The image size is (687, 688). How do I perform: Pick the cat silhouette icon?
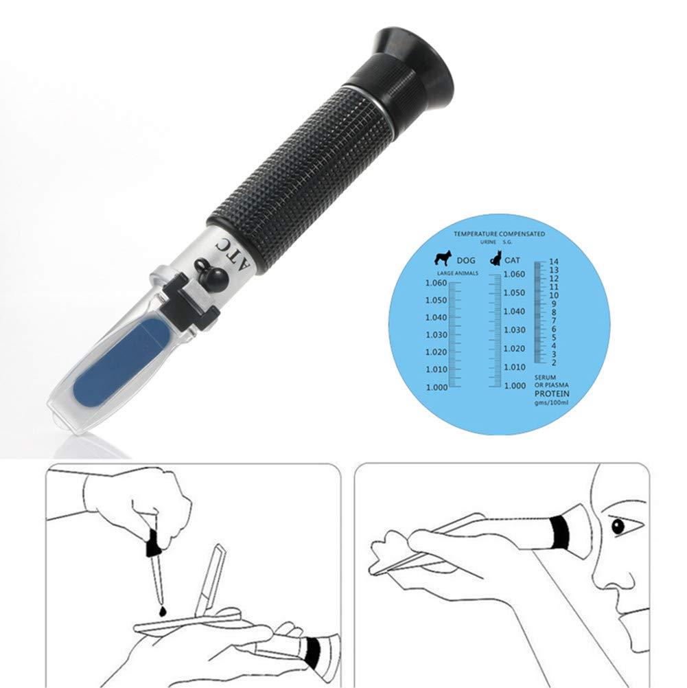pyautogui.click(x=494, y=259)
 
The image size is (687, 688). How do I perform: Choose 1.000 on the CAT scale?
pyautogui.click(x=514, y=386)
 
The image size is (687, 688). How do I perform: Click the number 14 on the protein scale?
pyautogui.click(x=554, y=262)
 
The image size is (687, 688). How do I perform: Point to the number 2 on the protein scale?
pyautogui.click(x=554, y=363)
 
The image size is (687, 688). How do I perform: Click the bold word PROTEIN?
pyautogui.click(x=552, y=395)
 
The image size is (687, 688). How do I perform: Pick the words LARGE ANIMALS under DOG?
pyautogui.click(x=458, y=273)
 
